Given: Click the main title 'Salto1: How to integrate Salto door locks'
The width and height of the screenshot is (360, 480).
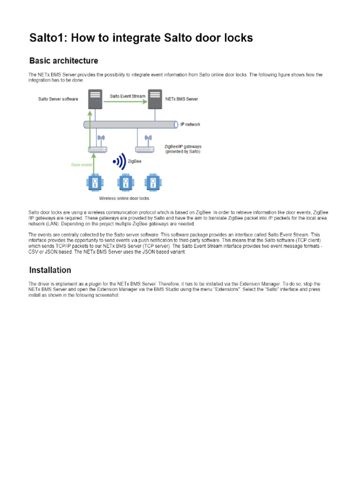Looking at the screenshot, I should (x=141, y=37).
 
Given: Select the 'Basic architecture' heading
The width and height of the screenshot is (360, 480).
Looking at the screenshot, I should (x=64, y=61).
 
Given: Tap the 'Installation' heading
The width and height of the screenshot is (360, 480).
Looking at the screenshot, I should (x=50, y=270).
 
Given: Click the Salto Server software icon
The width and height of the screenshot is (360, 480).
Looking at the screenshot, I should (x=95, y=99).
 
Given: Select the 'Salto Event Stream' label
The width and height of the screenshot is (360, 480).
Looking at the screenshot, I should (x=127, y=96).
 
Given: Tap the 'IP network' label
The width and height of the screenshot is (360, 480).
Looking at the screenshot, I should (x=190, y=125).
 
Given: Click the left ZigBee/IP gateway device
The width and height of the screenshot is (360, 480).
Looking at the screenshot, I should (x=97, y=149).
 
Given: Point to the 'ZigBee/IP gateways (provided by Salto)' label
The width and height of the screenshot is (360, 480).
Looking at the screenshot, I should (x=183, y=149).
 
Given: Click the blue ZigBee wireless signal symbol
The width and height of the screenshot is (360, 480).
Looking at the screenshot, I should (x=120, y=162).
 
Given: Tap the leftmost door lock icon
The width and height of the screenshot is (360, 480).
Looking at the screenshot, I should (x=95, y=182).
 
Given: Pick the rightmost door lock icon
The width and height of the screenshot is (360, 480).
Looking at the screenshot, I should (x=151, y=182).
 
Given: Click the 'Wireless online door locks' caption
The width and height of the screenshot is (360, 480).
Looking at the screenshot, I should (x=123, y=198).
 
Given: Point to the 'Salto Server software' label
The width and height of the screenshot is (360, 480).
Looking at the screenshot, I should (x=58, y=99).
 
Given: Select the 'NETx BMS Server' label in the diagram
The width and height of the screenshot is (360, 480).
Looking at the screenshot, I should (x=182, y=99).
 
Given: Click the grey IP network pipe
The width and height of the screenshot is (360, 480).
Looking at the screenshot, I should (x=131, y=125).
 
